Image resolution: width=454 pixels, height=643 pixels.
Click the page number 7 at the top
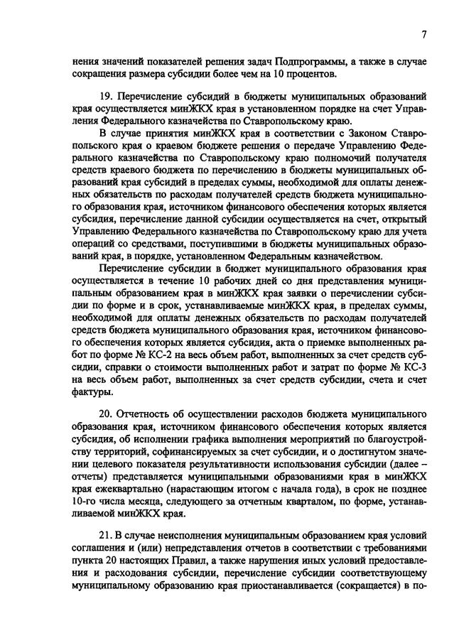(423, 34)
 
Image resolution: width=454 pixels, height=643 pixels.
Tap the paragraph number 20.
(106, 414)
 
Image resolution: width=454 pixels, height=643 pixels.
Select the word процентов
(301, 74)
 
